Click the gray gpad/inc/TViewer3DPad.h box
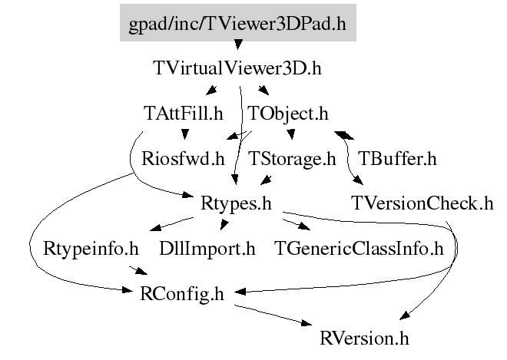(237, 23)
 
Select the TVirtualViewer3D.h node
(237, 68)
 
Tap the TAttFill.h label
(183, 114)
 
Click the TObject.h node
(288, 114)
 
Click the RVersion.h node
(365, 337)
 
